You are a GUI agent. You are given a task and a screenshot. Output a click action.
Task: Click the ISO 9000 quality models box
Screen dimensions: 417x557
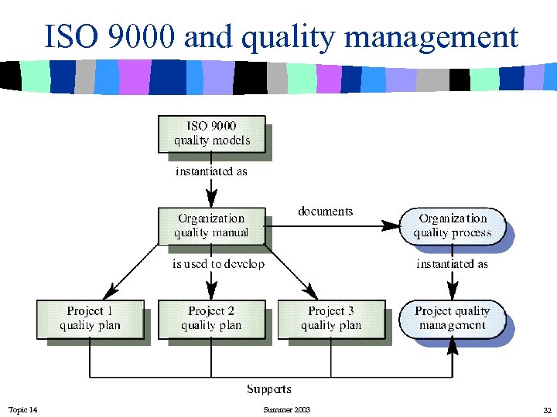click(211, 134)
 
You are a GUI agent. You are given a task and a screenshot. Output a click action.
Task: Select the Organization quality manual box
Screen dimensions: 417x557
click(211, 225)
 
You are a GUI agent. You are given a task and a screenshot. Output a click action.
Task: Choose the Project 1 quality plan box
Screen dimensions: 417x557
click(90, 318)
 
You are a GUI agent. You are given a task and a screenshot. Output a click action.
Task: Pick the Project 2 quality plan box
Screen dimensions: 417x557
click(211, 318)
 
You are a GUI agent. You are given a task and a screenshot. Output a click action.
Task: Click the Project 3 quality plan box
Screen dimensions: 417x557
click(331, 318)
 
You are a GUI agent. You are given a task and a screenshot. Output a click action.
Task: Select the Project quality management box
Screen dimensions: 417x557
click(453, 318)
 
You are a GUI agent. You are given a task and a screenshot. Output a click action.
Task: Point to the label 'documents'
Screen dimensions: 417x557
click(325, 211)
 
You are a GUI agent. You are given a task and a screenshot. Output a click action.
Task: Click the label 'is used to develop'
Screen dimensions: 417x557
click(218, 264)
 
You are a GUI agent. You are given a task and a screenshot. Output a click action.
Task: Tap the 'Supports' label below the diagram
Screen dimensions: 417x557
click(269, 388)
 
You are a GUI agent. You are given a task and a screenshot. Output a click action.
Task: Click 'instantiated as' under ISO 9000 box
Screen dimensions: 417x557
click(211, 171)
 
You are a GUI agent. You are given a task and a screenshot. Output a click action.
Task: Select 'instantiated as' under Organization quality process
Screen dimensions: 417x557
click(453, 264)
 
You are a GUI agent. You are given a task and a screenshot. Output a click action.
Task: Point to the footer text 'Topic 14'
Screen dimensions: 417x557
click(22, 409)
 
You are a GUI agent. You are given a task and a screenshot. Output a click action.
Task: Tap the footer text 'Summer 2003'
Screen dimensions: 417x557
click(286, 409)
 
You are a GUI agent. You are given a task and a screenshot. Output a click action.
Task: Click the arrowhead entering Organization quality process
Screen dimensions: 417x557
click(394, 225)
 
